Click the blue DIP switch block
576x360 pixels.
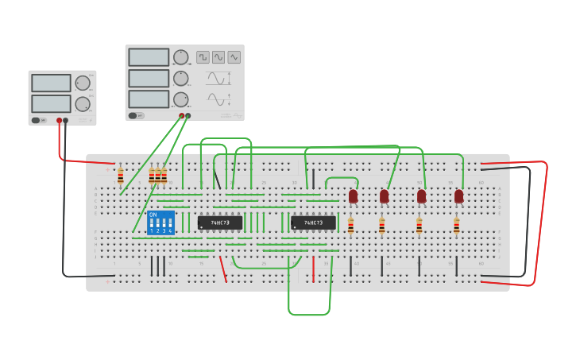160,223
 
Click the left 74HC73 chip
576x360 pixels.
220,223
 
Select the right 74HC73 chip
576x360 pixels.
313,223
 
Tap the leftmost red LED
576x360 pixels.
354,195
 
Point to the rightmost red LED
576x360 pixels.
458,195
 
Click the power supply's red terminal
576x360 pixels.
59,121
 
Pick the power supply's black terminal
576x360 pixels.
66,121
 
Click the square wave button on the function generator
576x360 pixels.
203,57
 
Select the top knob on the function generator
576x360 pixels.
181,57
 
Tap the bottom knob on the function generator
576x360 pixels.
181,99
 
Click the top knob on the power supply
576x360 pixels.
83,83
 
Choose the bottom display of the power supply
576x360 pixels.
51,103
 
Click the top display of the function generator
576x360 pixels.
149,57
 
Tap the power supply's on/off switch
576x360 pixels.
37,121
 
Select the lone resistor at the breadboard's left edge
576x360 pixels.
121,176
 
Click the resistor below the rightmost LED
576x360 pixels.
456,227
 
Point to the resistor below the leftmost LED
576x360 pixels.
350,227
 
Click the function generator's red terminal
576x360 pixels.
182,116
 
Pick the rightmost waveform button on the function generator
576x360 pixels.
234,57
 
